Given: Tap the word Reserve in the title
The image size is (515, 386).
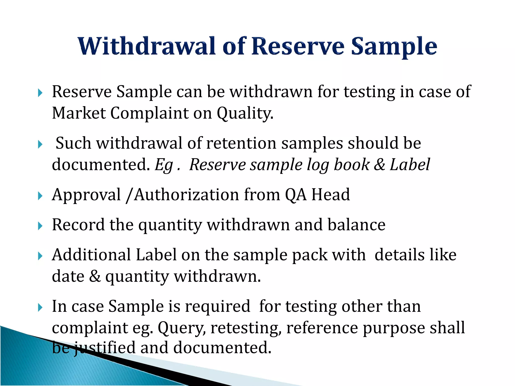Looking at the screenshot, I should (298, 46).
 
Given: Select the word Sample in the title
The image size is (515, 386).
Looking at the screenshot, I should (394, 47).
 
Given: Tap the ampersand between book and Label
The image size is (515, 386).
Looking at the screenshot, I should (379, 165).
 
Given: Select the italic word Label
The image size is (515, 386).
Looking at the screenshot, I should (410, 165).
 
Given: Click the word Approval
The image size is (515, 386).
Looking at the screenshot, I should (86, 195).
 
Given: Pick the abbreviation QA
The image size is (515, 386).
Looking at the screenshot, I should (296, 195).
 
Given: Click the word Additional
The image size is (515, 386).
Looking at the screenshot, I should (91, 255).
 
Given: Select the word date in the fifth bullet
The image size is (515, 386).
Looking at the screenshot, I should (68, 276).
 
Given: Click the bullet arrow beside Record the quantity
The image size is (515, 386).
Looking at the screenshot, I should (40, 226).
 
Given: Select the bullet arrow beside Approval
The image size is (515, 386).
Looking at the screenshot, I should (40, 196).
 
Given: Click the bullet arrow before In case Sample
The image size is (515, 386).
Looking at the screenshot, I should (40, 307).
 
